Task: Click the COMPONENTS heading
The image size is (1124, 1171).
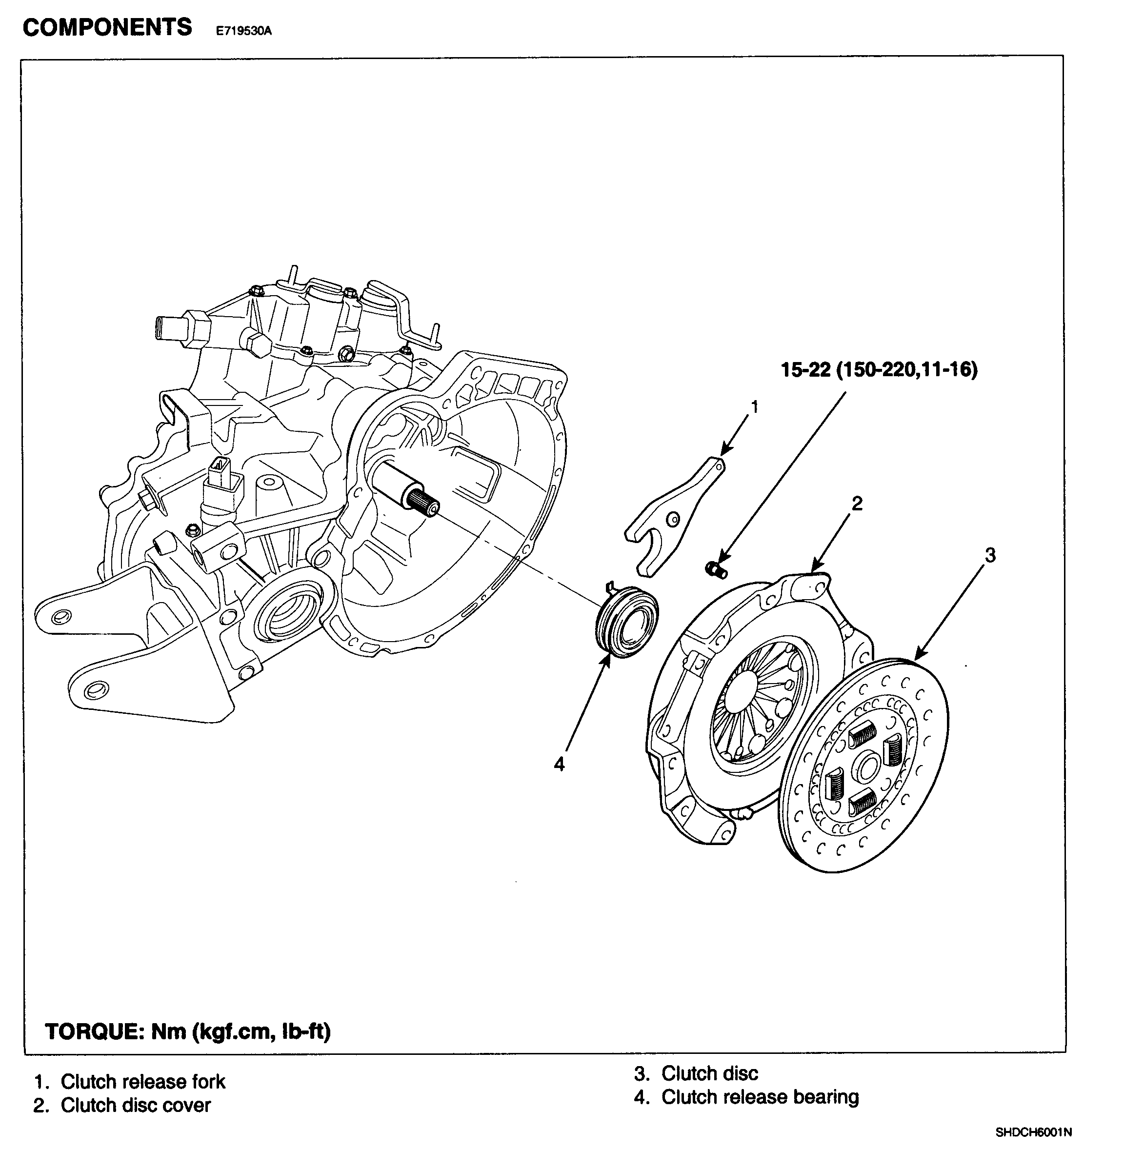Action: point(107,27)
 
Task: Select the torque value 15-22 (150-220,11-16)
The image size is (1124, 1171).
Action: point(879,370)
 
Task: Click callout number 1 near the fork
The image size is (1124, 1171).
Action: point(754,407)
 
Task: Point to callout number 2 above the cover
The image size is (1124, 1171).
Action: point(857,504)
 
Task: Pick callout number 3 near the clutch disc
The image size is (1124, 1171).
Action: point(990,555)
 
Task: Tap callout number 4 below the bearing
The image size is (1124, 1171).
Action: point(559,764)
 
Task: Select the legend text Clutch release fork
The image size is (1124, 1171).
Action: point(143,1081)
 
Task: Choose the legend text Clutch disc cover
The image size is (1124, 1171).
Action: point(136,1105)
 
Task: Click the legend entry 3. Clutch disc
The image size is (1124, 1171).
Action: point(696,1073)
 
